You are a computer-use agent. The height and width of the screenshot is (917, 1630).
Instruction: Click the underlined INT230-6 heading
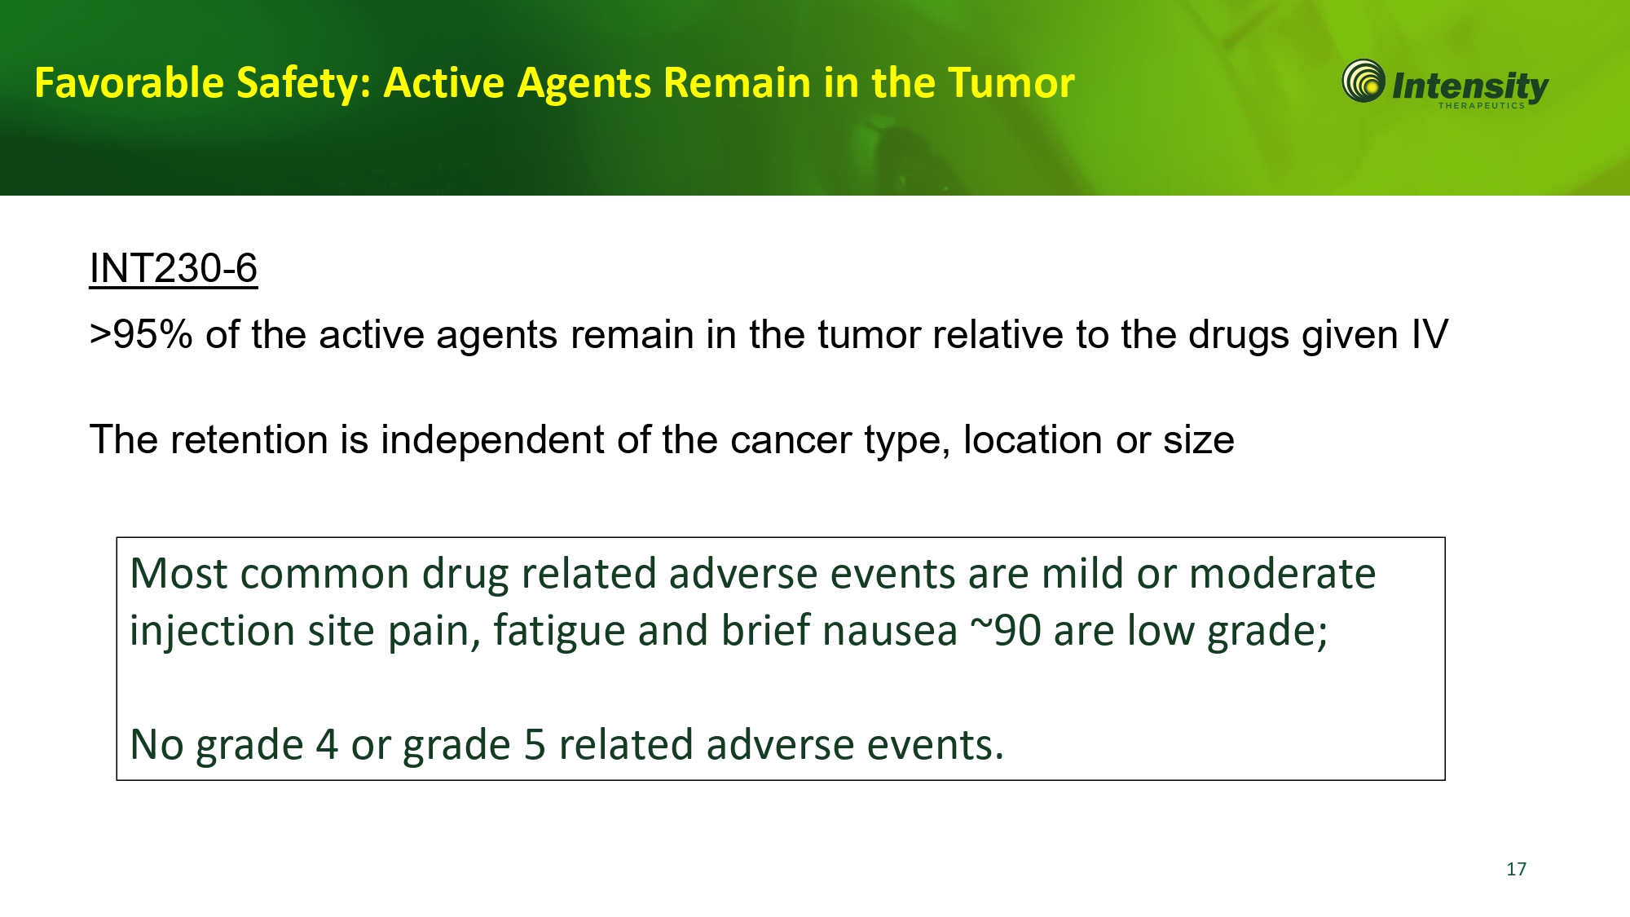174,268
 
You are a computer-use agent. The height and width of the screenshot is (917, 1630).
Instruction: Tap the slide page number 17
1516,869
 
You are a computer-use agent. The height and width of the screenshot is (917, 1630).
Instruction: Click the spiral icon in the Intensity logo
1363,81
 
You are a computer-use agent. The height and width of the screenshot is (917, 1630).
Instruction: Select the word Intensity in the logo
1470,86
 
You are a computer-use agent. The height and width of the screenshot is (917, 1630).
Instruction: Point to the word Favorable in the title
129,83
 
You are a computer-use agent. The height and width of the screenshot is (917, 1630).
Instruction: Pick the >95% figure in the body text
141,334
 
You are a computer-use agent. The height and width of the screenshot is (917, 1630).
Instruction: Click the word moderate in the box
1282,573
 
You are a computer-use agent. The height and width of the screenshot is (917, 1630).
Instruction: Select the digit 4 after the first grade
327,745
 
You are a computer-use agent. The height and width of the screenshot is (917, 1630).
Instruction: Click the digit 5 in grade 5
535,745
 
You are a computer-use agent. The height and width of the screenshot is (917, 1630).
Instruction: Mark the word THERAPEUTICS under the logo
1481,105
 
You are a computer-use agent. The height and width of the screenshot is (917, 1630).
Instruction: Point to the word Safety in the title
303,83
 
